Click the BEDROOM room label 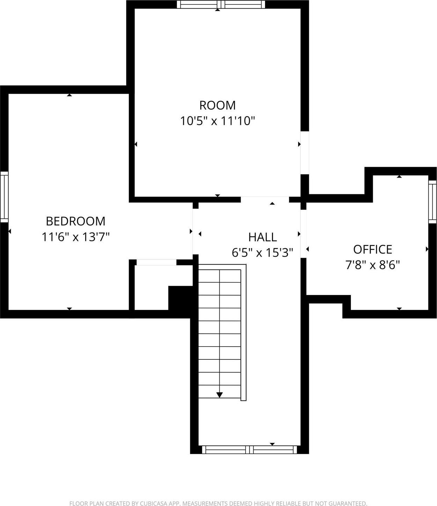(x=75, y=221)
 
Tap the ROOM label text (x=217, y=105)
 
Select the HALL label (x=262, y=237)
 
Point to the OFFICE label (x=372, y=249)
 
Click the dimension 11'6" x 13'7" (x=75, y=237)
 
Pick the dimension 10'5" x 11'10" (x=217, y=121)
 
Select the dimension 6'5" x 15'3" (x=262, y=252)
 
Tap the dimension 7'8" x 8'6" (x=372, y=265)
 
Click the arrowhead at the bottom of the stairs (x=219, y=395)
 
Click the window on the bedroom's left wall (x=4, y=197)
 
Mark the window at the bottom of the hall (x=249, y=450)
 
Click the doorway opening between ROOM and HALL (x=265, y=200)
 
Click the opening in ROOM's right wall (x=304, y=153)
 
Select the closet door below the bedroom (x=156, y=263)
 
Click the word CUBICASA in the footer (x=156, y=503)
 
